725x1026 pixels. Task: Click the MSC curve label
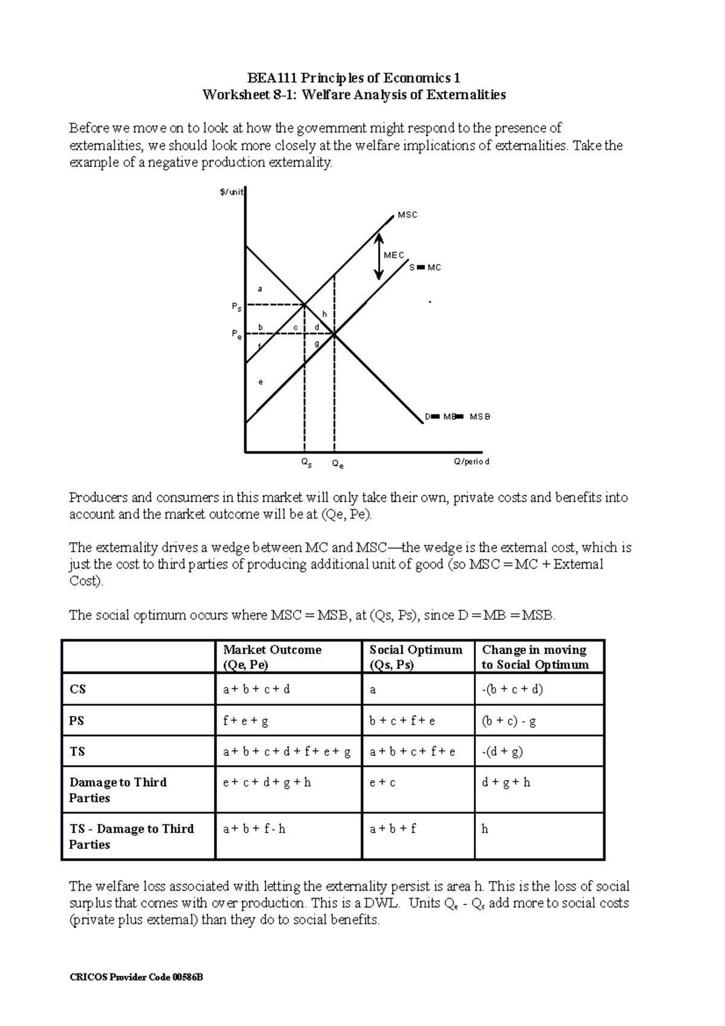point(407,215)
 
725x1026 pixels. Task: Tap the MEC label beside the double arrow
point(394,256)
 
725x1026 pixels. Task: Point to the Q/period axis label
point(471,462)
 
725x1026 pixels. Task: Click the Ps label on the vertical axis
point(236,308)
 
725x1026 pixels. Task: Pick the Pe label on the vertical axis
point(237,334)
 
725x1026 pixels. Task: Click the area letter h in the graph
point(324,314)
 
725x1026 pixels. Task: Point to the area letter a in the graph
point(260,289)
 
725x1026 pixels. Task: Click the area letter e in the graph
point(260,382)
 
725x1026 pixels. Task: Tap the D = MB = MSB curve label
point(457,417)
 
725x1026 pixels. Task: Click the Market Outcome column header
point(272,657)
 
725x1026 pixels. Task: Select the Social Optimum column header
point(416,657)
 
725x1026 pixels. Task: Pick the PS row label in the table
point(77,720)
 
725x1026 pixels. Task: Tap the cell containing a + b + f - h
point(254,829)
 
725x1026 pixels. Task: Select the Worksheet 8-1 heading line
point(354,95)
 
